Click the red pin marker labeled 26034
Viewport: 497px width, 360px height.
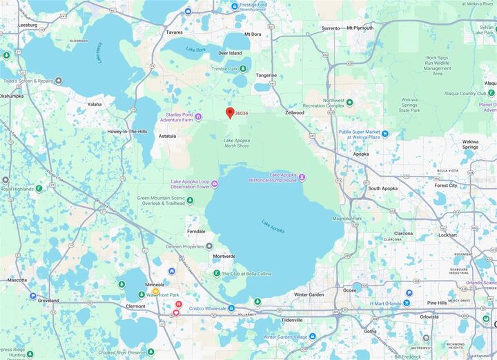click(x=230, y=112)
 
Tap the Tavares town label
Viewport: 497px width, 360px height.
click(x=175, y=32)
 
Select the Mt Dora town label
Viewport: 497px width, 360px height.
click(x=253, y=34)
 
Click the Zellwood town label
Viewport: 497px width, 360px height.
click(x=295, y=112)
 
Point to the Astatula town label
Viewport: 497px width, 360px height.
click(x=168, y=137)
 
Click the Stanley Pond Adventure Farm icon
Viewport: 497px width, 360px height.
click(x=198, y=117)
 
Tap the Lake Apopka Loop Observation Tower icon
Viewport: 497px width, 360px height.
click(x=215, y=183)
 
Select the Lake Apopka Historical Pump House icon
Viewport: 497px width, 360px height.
click(x=302, y=178)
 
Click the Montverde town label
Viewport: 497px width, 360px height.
click(x=224, y=257)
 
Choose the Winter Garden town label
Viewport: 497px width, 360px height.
click(x=309, y=295)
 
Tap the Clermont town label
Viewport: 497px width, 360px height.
click(x=131, y=306)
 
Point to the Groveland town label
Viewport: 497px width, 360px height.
click(x=49, y=301)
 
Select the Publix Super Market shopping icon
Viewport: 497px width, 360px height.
click(x=384, y=134)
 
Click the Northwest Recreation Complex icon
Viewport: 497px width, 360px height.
click(x=349, y=103)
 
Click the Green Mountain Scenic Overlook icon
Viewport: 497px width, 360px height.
click(x=190, y=201)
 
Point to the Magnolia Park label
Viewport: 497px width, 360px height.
click(x=342, y=219)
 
